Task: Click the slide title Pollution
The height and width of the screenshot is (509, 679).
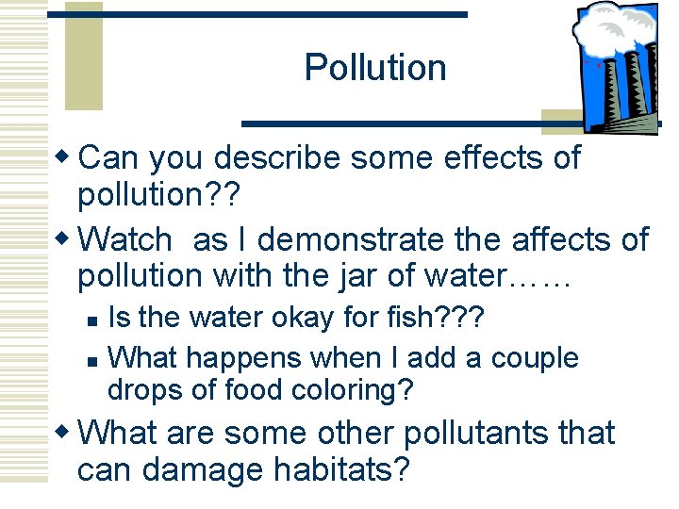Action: (x=375, y=68)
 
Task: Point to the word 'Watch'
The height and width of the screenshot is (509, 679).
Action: (x=126, y=240)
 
